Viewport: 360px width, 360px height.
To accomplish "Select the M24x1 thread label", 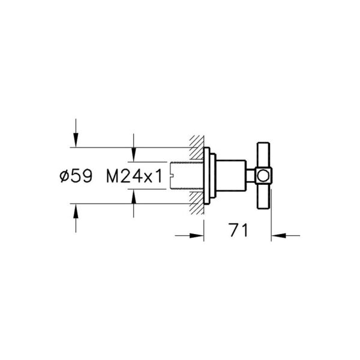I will coord(135,176).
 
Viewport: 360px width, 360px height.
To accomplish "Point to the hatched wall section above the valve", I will coord(196,147).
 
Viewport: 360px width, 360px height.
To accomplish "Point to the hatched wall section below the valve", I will coord(196,205).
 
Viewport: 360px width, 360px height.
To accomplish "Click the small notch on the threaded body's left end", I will coord(172,176).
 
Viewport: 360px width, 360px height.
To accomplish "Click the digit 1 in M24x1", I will coord(160,176).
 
